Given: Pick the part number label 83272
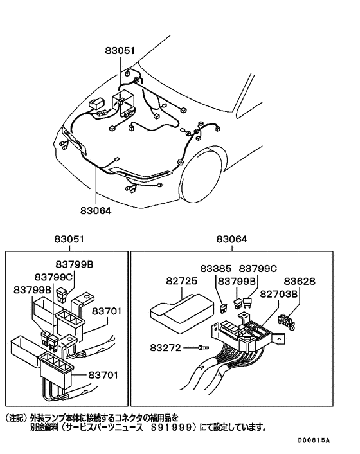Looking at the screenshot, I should [x=167, y=347].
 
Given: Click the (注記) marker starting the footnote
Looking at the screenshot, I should [x=15, y=417].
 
